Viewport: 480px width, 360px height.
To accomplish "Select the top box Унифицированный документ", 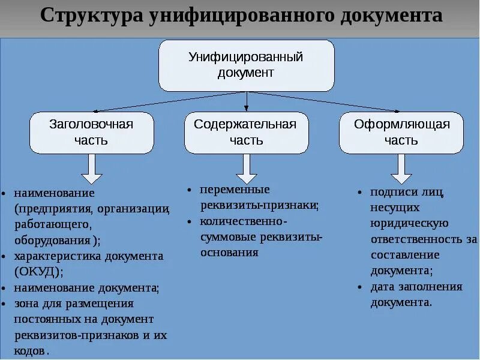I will [x=246, y=65].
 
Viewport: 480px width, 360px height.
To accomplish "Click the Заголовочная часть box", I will [x=91, y=132].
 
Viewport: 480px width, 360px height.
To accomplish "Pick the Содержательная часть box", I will [x=246, y=132].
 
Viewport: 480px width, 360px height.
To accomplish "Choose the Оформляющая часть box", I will [x=401, y=132].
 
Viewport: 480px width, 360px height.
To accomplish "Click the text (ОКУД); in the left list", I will [x=40, y=272].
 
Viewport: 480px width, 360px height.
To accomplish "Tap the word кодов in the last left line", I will [x=29, y=350].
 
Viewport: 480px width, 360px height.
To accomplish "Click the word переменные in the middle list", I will [x=235, y=190].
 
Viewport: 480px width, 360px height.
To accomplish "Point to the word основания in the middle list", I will [x=230, y=252].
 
